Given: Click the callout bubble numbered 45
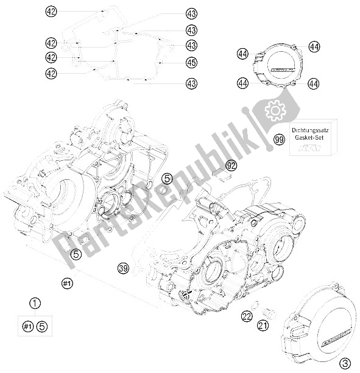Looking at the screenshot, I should [x=192, y=62].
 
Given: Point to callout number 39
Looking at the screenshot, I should [x=124, y=268].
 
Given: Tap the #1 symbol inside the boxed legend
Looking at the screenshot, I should [x=27, y=327].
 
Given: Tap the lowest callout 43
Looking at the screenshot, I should [x=192, y=83].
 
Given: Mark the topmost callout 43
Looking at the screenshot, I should [x=192, y=13].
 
